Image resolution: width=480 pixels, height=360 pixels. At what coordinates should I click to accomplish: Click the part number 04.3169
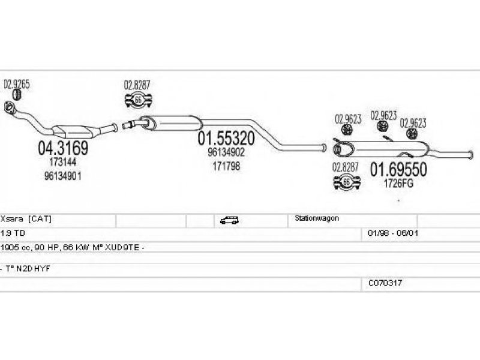pos(63,148)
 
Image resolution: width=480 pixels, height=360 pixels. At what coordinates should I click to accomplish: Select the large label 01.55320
pos(226,139)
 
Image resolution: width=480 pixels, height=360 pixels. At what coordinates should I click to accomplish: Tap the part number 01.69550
pos(398,170)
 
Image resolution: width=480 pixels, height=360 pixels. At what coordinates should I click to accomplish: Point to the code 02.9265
pos(17,85)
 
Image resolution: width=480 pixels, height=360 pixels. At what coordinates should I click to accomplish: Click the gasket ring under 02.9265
pos(17,95)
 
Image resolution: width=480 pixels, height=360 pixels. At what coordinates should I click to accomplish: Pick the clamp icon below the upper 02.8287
pos(139,100)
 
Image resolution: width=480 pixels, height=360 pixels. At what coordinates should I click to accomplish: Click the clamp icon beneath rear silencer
pos(347,182)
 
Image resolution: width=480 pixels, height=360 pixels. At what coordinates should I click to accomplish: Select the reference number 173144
pos(63,161)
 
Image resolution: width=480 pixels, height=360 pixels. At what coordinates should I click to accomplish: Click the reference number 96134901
pos(63,176)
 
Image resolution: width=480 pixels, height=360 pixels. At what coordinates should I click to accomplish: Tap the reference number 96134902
pos(226,152)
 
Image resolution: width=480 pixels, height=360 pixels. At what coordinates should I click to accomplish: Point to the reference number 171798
pos(226,166)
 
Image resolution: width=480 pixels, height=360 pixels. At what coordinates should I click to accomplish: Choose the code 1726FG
pos(398,183)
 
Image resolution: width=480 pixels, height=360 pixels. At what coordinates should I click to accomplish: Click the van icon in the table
pos(229,220)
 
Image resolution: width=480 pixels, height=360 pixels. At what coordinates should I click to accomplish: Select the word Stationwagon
pos(317,218)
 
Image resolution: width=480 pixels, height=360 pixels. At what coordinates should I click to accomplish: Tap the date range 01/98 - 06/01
pos(393,233)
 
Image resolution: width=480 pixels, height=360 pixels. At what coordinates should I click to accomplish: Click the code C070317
pos(385,283)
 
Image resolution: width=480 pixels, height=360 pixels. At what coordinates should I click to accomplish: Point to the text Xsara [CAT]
pos(26,219)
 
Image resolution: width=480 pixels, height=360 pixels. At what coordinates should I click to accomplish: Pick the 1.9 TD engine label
pos(13,233)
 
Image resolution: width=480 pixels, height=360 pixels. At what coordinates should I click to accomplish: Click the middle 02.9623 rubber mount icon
pos(382,126)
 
